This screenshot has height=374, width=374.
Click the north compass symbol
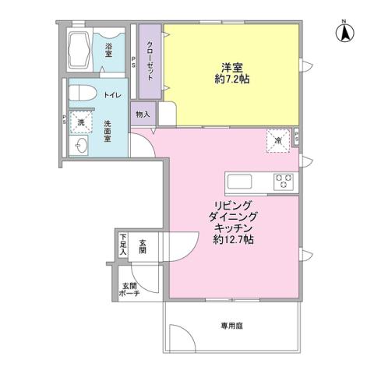pos(342,33)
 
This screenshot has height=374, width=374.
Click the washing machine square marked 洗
pos(79,122)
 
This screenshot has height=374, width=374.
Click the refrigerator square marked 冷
pos(279,139)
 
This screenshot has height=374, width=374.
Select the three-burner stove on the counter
pos(283,182)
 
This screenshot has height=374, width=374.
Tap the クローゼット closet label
pos(150,61)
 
